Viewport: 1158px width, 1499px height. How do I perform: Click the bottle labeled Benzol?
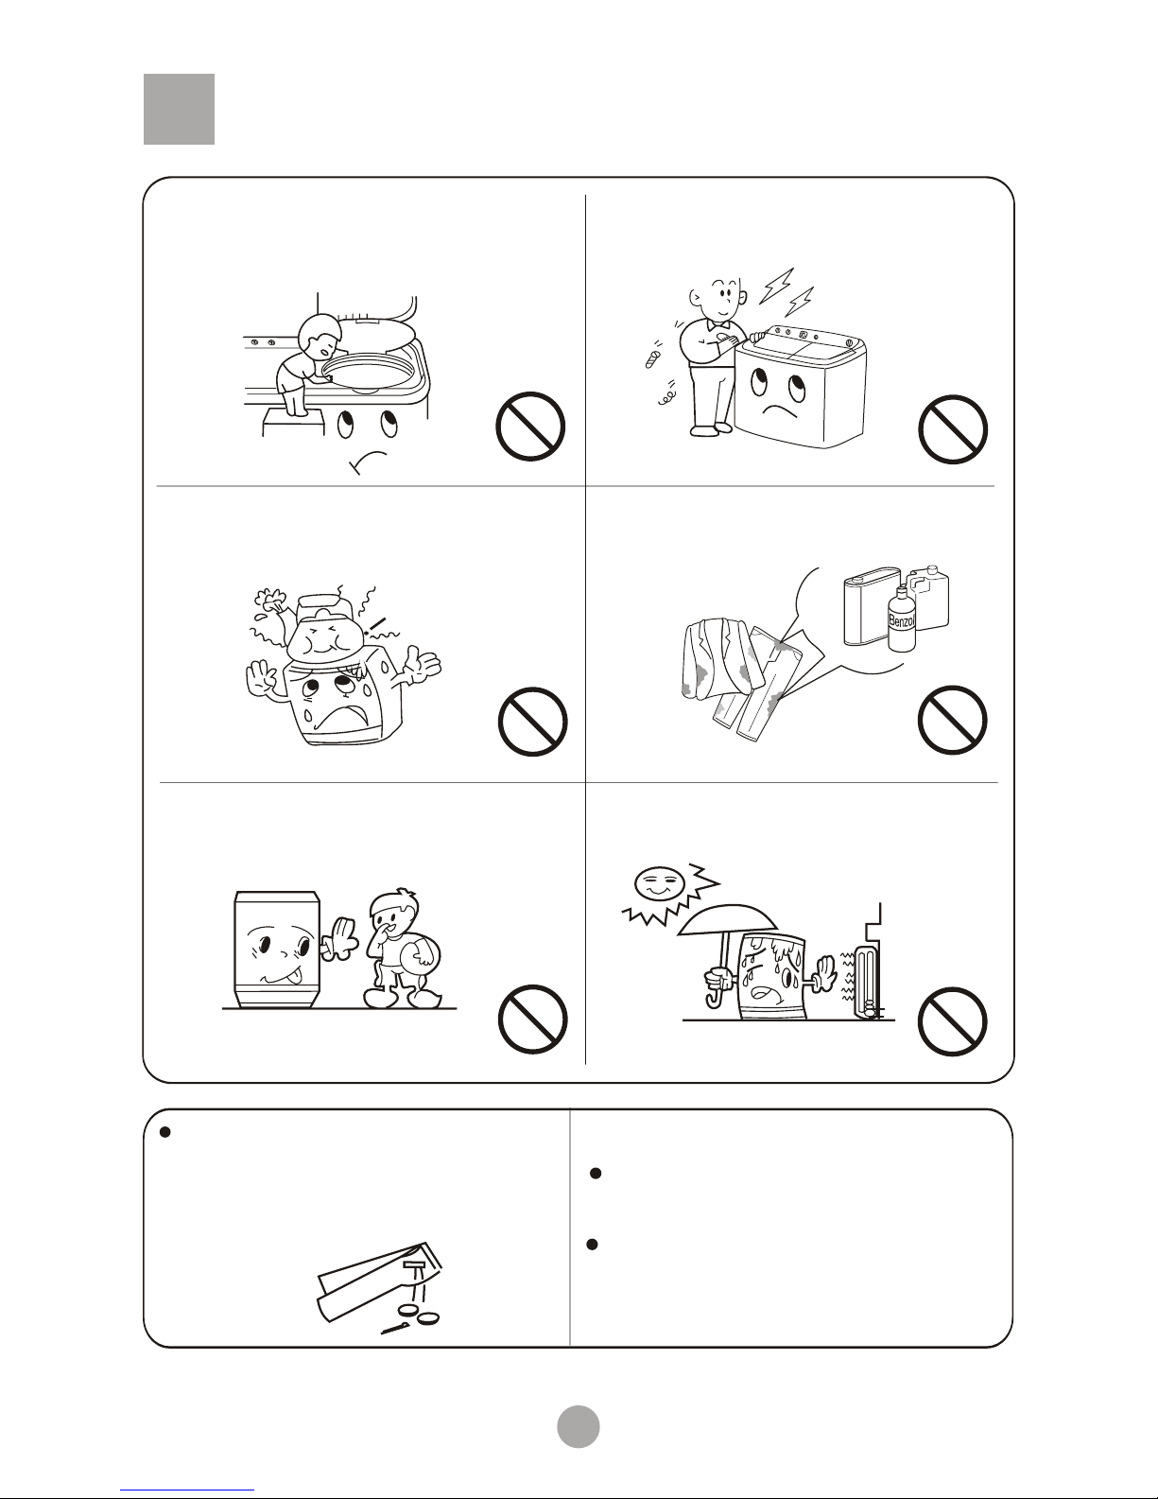pos(901,619)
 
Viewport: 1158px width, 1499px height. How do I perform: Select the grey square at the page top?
pos(180,109)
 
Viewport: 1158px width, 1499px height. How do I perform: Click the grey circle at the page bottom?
pos(579,1426)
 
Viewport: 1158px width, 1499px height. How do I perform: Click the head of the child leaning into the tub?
pos(321,335)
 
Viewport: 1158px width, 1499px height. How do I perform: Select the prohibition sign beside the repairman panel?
pos(953,429)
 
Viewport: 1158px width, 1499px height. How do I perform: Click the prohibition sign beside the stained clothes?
pos(953,721)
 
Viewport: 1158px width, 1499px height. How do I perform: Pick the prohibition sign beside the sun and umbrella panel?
pos(953,1021)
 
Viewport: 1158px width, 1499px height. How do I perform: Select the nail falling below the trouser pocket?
pos(396,1328)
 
